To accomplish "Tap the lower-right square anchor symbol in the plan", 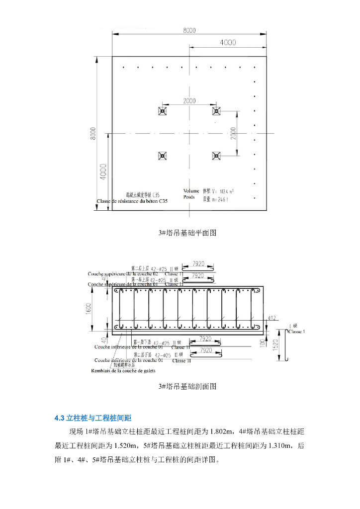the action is tap(216, 156).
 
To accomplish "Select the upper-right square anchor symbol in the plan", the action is tap(216, 111).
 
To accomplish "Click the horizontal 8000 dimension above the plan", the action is tap(189, 30).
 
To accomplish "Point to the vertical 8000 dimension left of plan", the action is tap(93, 134).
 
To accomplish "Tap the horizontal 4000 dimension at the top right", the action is tap(228, 43).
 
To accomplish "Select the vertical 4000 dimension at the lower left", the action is tap(102, 171).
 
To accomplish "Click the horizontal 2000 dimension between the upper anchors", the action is tap(189, 101).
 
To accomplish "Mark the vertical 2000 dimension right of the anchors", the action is tap(233, 133).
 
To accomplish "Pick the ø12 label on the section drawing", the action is tap(272, 317).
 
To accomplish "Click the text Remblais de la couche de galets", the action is tap(123, 371).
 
